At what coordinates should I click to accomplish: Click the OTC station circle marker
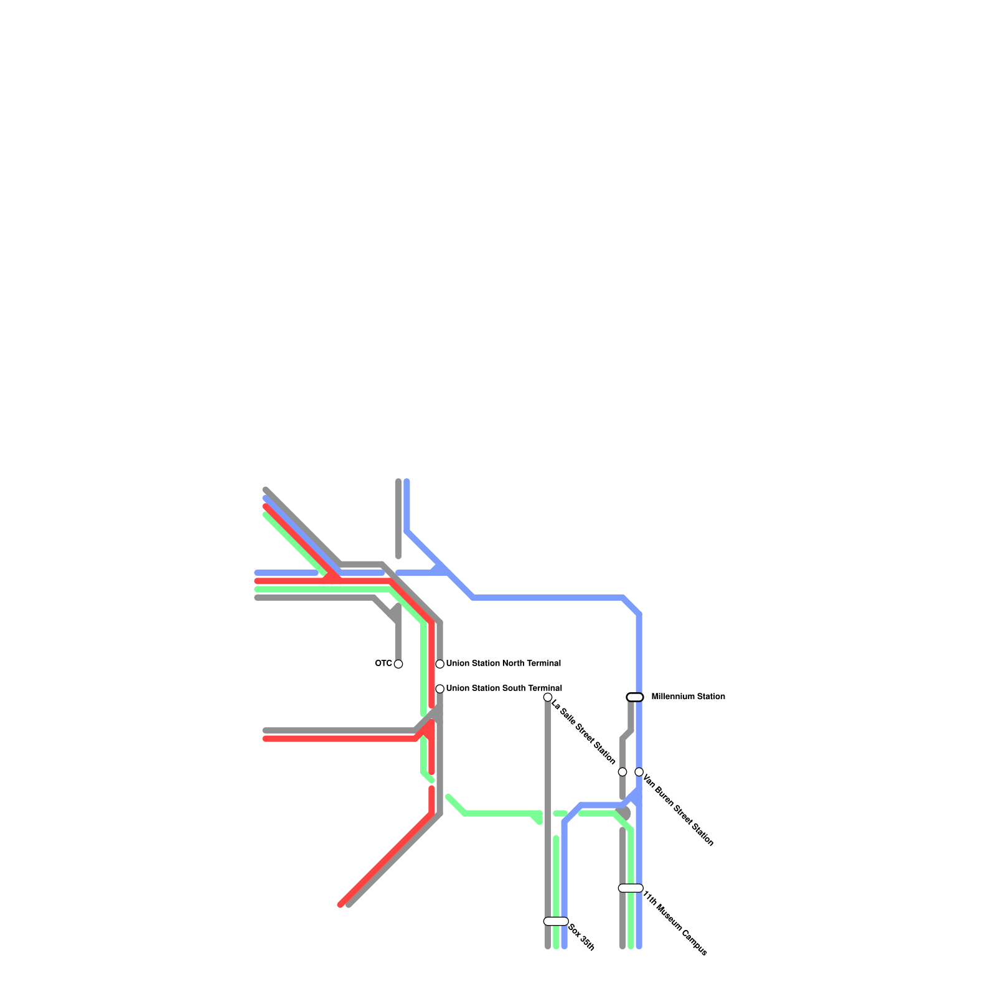[x=398, y=664]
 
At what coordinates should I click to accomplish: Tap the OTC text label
[x=383, y=664]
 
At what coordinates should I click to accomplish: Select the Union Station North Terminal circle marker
[x=439, y=664]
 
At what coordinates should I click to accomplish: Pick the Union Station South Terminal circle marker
[x=439, y=688]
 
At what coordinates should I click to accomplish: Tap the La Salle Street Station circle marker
[x=548, y=697]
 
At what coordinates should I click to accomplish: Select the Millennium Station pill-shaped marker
[x=635, y=697]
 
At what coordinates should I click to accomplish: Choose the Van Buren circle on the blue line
[x=639, y=772]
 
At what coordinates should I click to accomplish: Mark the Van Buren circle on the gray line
[x=622, y=772]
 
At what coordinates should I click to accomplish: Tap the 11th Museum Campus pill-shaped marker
[x=631, y=888]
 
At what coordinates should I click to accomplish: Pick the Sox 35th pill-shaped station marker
[x=556, y=921]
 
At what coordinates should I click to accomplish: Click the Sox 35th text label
[x=582, y=937]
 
